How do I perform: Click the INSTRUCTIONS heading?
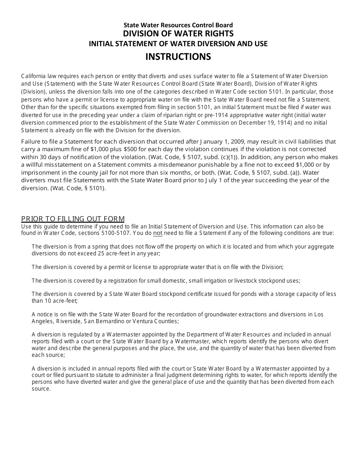click(178, 56)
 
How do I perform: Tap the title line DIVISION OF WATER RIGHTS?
click(178, 34)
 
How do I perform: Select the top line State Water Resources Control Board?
click(178, 25)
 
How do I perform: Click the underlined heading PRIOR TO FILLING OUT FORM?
click(73, 219)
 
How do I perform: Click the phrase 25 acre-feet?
click(108, 253)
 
